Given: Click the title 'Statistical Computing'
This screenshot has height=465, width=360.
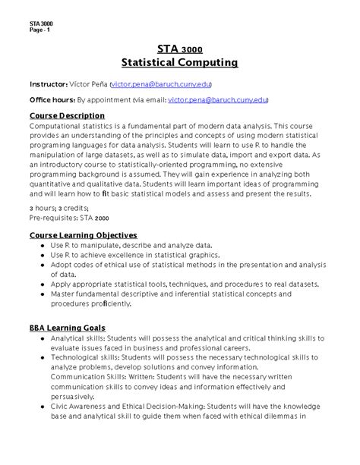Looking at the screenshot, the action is (180, 61).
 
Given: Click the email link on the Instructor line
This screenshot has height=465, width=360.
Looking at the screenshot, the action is (161, 83).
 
